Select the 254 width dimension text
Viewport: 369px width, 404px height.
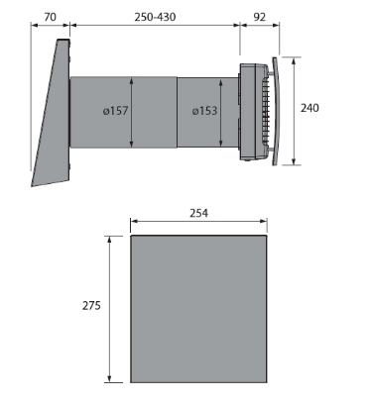pyautogui.click(x=199, y=213)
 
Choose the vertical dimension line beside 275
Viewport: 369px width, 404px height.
pyautogui.click(x=109, y=308)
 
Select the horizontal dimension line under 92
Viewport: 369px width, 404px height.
pyautogui.click(x=261, y=27)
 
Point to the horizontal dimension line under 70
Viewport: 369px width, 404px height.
pyautogui.click(x=50, y=27)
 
